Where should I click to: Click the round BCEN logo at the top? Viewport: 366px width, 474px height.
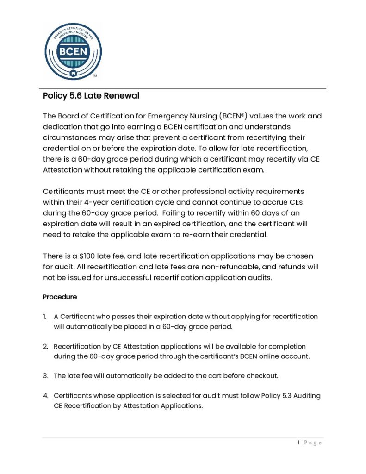[x=73, y=50]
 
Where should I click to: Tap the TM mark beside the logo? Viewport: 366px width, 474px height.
[x=94, y=75]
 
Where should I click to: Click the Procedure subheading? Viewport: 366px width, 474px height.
[x=60, y=296]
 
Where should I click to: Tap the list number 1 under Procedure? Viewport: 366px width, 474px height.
[x=45, y=317]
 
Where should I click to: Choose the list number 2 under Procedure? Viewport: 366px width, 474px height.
[x=45, y=346]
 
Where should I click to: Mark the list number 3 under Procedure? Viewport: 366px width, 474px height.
[x=45, y=375]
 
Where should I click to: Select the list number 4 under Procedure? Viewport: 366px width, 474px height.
[x=45, y=395]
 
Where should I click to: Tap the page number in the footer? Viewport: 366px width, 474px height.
[x=298, y=443]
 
